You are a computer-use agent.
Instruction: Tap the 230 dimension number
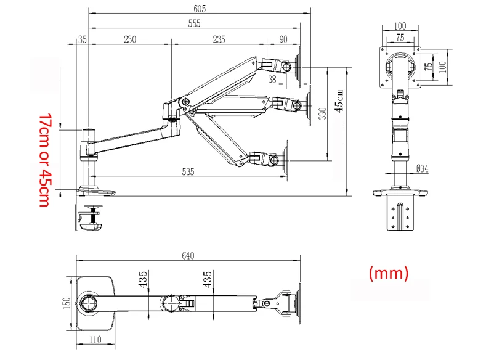[129, 39]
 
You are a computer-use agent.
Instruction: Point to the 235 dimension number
[219, 39]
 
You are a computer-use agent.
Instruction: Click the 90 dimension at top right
[283, 39]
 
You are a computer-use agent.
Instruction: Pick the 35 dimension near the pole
[83, 39]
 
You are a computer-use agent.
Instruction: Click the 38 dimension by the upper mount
[272, 78]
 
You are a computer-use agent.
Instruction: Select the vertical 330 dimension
[322, 114]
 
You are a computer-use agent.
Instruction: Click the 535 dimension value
[188, 172]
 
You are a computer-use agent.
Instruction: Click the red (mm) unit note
[388, 272]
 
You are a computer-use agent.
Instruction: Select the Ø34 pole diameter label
[423, 168]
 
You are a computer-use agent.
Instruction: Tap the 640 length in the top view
[188, 256]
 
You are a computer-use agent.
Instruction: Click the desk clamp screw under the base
[94, 215]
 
